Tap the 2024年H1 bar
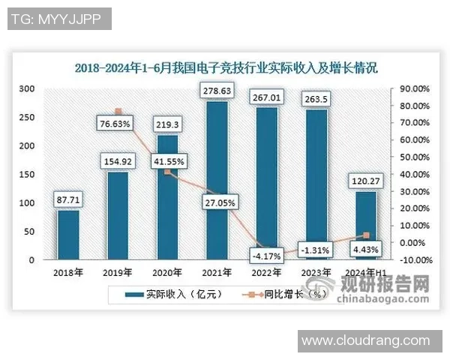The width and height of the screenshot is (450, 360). [366, 225]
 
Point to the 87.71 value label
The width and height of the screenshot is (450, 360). [67, 200]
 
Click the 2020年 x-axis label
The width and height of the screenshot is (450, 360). [166, 271]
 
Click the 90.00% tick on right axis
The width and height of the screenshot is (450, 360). [413, 88]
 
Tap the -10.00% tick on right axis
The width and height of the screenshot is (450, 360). [413, 260]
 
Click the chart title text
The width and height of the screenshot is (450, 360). [225, 67]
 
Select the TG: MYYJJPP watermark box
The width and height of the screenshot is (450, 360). [58, 19]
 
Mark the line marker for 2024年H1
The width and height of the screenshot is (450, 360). [366, 235]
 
